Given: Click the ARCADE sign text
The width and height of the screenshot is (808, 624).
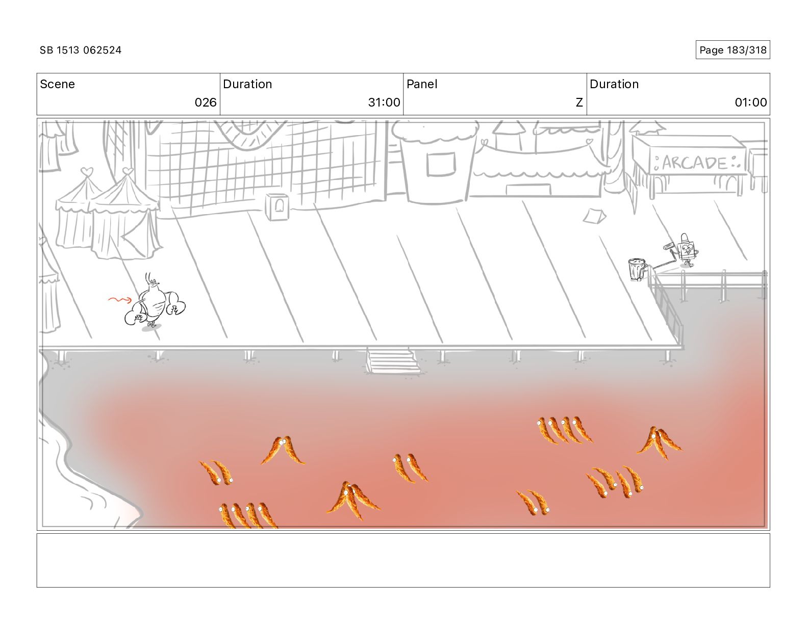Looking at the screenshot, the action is (694, 163).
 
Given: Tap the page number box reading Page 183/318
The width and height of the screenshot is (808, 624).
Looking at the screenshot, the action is (733, 50).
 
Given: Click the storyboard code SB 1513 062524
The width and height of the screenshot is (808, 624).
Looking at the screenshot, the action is (80, 50).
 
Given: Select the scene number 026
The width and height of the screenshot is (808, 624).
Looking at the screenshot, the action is (205, 102).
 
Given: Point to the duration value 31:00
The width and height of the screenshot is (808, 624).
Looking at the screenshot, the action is (384, 102).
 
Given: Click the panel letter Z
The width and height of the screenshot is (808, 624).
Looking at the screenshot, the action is (579, 102).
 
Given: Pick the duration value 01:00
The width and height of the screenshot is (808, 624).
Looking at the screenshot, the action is (750, 102).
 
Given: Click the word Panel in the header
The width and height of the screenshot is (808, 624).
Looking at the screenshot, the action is (422, 84).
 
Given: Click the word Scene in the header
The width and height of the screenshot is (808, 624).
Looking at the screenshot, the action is (57, 84).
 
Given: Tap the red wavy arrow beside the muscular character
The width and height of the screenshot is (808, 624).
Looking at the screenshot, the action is (120, 300).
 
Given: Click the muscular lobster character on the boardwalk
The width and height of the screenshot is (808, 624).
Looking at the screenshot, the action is (155, 303).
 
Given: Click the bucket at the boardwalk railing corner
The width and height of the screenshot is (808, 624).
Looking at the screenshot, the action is (637, 270).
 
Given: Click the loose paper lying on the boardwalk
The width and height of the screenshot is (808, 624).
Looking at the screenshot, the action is (594, 216).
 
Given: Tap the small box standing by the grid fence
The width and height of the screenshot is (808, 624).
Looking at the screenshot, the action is (277, 206).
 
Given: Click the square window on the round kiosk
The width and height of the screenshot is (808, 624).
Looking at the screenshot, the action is (441, 164).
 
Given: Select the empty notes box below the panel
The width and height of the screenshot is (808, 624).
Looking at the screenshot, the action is (403, 560).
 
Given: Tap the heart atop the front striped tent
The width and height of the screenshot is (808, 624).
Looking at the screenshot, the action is (128, 171).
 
